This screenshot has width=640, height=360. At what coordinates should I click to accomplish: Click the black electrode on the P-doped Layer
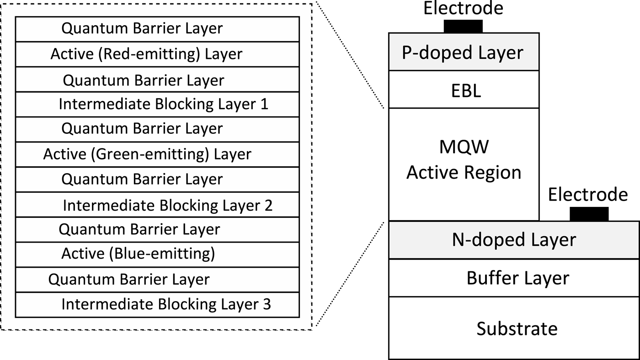(463, 26)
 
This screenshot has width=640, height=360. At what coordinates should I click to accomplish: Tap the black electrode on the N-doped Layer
(589, 214)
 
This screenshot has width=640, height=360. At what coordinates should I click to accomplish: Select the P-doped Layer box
(464, 52)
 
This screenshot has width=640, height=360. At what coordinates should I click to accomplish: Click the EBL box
(464, 90)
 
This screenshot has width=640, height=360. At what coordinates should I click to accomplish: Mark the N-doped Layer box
(514, 240)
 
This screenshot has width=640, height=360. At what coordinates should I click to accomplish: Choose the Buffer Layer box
(514, 278)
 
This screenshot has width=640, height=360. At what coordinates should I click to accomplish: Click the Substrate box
(514, 328)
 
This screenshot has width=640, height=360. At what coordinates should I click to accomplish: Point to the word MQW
(464, 147)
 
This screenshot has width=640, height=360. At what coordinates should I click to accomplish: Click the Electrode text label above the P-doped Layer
(463, 8)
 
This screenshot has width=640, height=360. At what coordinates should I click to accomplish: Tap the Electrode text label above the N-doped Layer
(588, 195)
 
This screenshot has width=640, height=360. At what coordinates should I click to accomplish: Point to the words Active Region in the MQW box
(464, 173)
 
